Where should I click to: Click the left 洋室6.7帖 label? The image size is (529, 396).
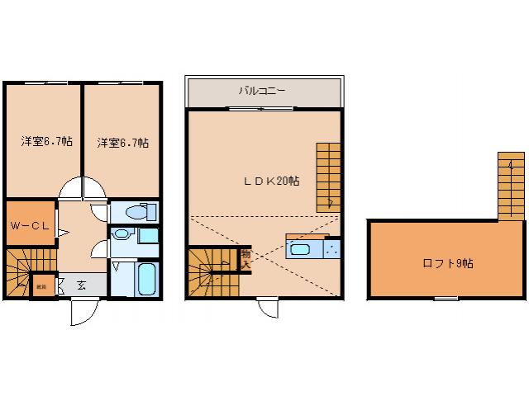[45, 142]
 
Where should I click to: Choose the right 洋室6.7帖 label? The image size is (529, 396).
[122, 142]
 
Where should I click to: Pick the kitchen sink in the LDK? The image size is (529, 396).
[300, 249]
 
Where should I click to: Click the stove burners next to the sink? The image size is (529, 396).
[333, 247]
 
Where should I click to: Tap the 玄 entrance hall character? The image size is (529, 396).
[83, 285]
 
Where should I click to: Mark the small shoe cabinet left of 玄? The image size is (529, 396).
[41, 286]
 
